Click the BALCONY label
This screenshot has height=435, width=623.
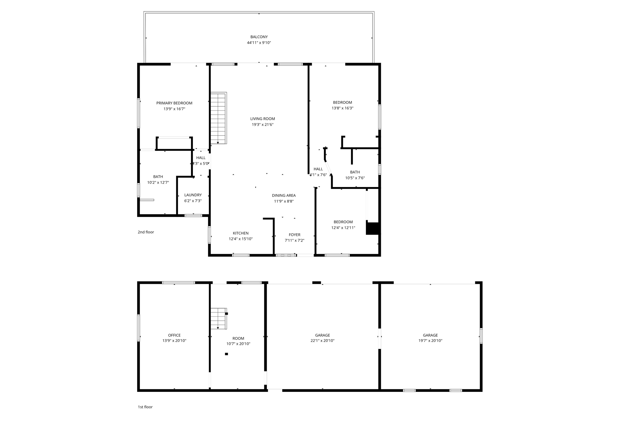[259, 37]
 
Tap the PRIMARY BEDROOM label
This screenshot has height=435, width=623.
[174, 103]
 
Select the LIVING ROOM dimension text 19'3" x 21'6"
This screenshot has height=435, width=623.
[263, 124]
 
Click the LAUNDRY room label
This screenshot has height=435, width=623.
[193, 195]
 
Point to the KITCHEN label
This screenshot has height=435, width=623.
[241, 233]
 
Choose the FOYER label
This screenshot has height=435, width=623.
[294, 235]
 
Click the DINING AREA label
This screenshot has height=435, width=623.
[284, 196]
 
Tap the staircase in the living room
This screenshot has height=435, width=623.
[218, 118]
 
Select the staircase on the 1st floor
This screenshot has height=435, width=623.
[219, 318]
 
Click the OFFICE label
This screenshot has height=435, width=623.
[174, 335]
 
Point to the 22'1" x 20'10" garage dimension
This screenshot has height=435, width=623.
[322, 341]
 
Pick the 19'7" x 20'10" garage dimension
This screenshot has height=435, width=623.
[430, 341]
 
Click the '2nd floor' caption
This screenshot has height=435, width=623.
[146, 232]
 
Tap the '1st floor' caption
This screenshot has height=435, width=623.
[145, 407]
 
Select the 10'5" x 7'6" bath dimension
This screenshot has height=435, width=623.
[355, 178]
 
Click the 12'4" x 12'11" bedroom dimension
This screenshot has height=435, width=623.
[343, 228]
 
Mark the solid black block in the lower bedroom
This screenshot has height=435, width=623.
[373, 228]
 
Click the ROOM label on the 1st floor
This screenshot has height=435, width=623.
[238, 338]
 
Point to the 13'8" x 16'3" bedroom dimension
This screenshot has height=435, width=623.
[343, 108]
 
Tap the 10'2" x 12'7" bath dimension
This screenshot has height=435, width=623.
[158, 183]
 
